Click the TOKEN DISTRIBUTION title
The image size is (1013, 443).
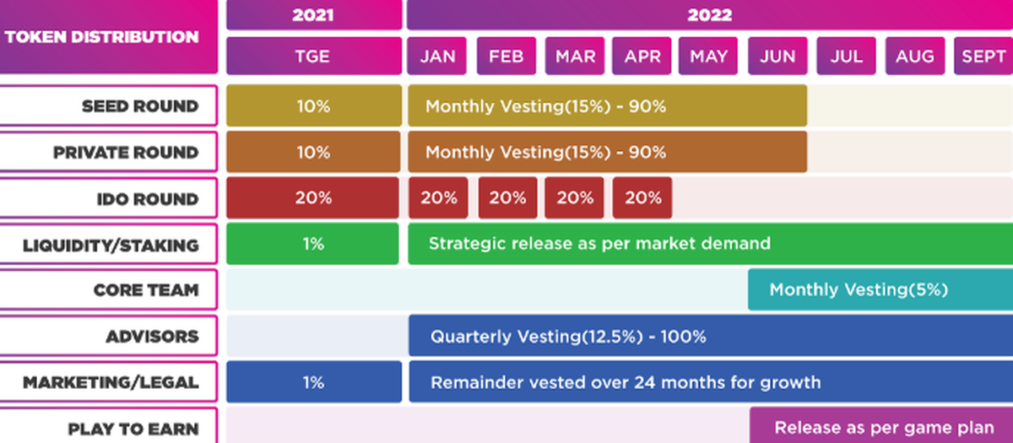[x=102, y=36]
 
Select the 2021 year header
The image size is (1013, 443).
[x=314, y=15]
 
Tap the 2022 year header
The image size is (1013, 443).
[x=710, y=15]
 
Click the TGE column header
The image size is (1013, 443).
[x=314, y=56]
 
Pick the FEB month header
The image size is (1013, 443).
[x=506, y=56]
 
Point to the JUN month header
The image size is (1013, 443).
[x=777, y=56]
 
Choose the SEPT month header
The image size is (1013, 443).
[x=983, y=56]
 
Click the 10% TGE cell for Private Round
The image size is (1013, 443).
[x=313, y=152]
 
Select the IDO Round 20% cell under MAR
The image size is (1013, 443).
[x=574, y=198]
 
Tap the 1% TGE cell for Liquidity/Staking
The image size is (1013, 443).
[x=312, y=244]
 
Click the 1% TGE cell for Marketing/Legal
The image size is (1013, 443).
[x=314, y=382]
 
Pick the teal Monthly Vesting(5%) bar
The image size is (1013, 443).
[x=880, y=289]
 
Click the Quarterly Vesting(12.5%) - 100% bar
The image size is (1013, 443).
[x=711, y=336]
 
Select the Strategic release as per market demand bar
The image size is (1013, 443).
[x=711, y=244]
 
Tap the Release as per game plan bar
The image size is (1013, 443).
[x=881, y=425]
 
